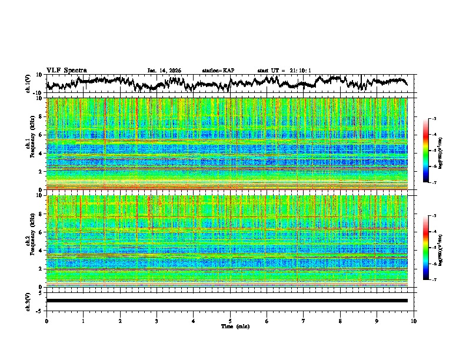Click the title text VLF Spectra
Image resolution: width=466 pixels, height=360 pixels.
[66, 70]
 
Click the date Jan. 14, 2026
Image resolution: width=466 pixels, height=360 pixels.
[164, 71]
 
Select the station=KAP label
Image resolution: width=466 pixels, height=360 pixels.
[218, 71]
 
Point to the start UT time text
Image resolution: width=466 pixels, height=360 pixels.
[284, 71]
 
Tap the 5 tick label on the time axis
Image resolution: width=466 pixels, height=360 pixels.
[230, 321]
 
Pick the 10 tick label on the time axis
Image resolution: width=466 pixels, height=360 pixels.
[414, 321]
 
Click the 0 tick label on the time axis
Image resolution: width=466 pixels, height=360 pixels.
[46, 321]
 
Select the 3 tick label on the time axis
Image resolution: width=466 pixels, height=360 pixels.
[157, 321]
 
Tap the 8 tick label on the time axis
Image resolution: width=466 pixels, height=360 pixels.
[340, 321]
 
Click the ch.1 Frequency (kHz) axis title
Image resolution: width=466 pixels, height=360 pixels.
[31, 144]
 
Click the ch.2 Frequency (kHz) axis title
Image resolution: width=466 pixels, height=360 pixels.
[31, 241]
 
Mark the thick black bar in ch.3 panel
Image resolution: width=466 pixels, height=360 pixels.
[227, 301]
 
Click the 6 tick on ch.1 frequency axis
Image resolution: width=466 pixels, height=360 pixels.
[41, 135]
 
